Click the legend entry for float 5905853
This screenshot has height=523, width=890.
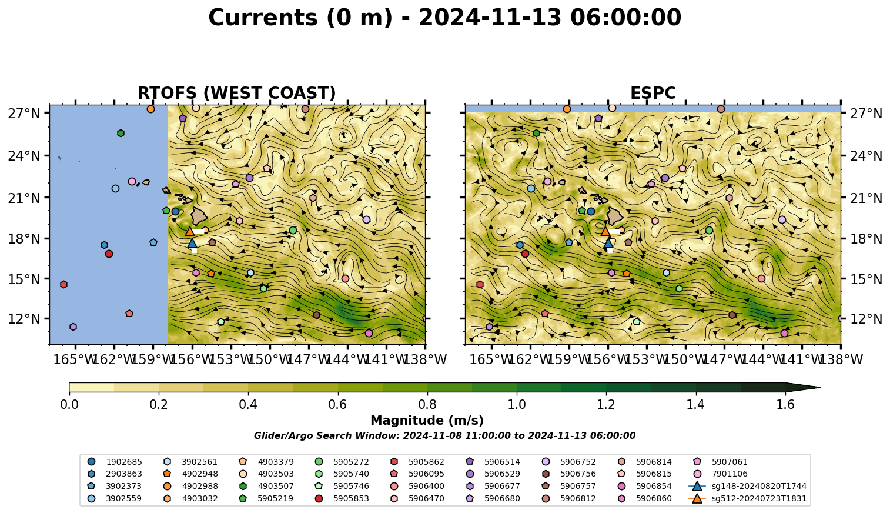[342, 498]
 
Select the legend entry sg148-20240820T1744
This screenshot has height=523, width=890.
[747, 486]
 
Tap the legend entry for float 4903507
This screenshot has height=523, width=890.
[266, 486]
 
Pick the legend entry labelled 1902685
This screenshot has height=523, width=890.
[115, 462]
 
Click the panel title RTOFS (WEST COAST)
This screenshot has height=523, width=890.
[237, 93]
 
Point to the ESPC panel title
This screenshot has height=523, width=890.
[653, 93]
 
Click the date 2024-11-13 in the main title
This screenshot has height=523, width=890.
[490, 18]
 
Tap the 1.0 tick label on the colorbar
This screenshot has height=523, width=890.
[517, 405]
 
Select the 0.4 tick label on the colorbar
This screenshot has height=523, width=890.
[248, 405]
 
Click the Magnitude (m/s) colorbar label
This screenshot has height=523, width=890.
[427, 421]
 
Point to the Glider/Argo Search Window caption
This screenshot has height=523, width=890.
[444, 435]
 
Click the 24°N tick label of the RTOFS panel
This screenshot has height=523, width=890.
[24, 156]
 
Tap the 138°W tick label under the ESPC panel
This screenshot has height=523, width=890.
[842, 359]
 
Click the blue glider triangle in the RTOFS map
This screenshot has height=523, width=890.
[192, 243]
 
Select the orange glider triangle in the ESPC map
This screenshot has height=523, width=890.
[605, 231]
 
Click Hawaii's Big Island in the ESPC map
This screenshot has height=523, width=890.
[615, 216]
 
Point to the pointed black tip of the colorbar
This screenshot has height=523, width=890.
[820, 387]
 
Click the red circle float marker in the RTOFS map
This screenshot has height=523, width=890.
[109, 254]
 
